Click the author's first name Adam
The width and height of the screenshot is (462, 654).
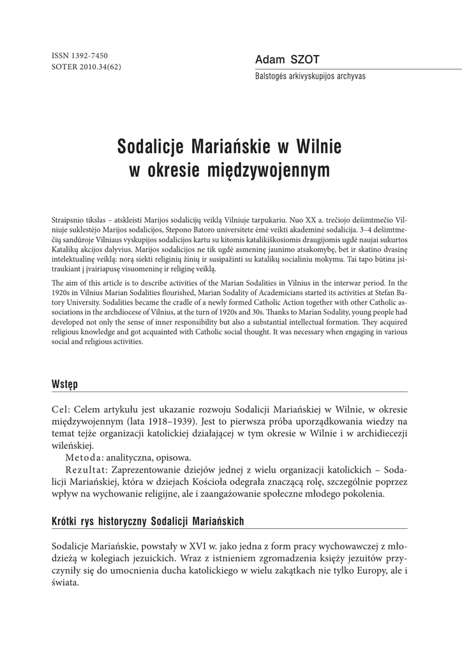[x=268, y=59]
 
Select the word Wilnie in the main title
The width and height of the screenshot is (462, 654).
[x=318, y=147]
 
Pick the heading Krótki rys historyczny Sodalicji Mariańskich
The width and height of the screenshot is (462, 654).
[x=147, y=522]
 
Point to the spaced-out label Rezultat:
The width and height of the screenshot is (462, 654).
[x=87, y=469]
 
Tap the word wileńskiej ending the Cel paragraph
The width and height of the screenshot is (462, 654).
[x=72, y=445]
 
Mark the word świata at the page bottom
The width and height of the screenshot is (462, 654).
[x=64, y=583]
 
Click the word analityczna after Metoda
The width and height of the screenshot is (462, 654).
[x=131, y=457]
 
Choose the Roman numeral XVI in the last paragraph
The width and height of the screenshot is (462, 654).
[x=195, y=547]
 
